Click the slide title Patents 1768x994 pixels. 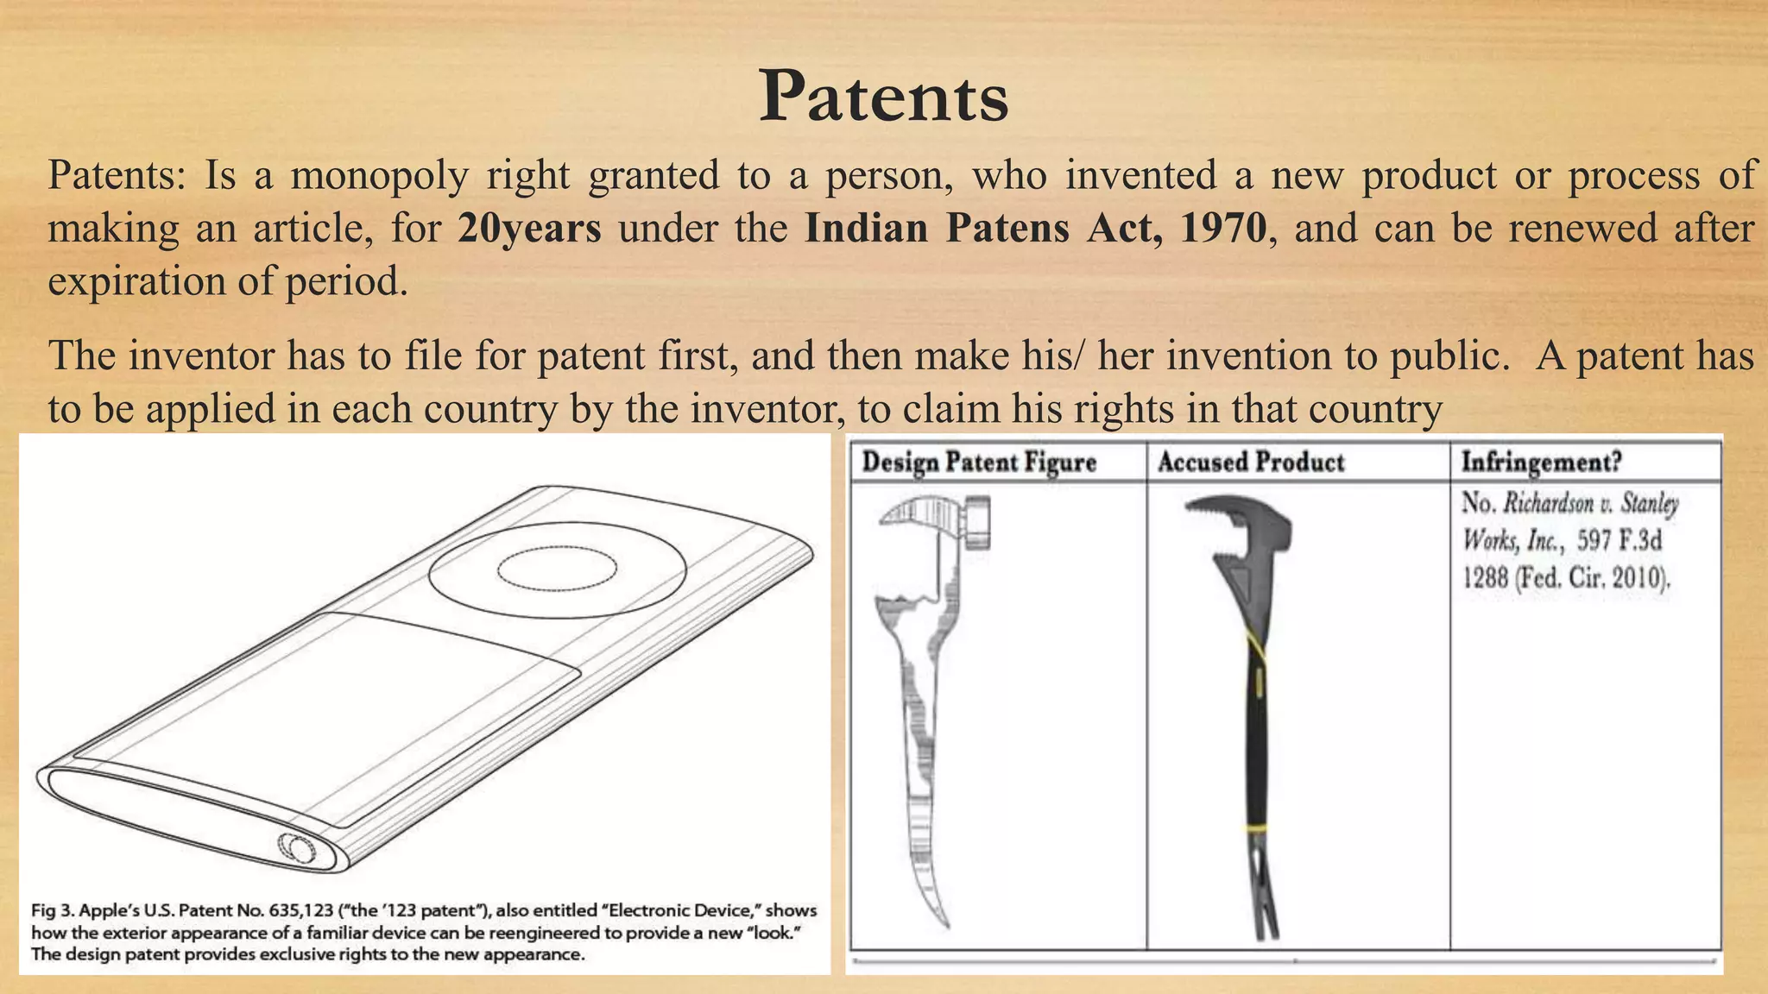click(x=884, y=97)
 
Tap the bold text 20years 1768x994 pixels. click(x=529, y=229)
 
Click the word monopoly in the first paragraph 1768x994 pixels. click(x=379, y=176)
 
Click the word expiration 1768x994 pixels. click(x=133, y=282)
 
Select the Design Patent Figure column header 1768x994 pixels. click(x=979, y=462)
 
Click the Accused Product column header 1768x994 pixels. click(x=1251, y=462)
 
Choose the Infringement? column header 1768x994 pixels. click(x=1541, y=462)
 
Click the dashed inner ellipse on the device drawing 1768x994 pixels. click(x=557, y=569)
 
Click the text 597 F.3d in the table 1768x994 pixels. click(x=1619, y=541)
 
